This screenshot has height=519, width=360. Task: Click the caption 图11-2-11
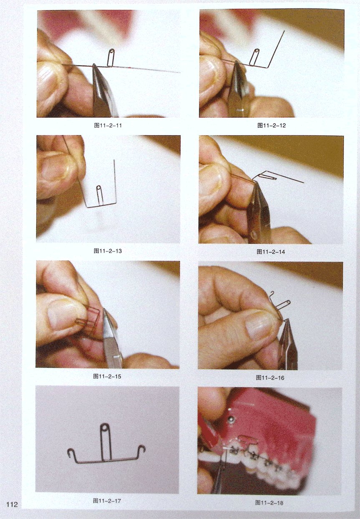coord(108,125)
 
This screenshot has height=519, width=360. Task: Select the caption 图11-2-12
coord(272,125)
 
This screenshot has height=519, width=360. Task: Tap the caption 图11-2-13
coord(108,251)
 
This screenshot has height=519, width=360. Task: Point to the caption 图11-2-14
coord(271,252)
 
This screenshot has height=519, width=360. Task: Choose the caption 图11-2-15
coord(107,377)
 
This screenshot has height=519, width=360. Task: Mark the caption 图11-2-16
coord(270,378)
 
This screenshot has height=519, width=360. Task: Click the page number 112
coord(12,503)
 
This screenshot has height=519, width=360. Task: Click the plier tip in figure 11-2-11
coord(94,65)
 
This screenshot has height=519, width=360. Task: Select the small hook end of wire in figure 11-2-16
coord(272,294)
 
